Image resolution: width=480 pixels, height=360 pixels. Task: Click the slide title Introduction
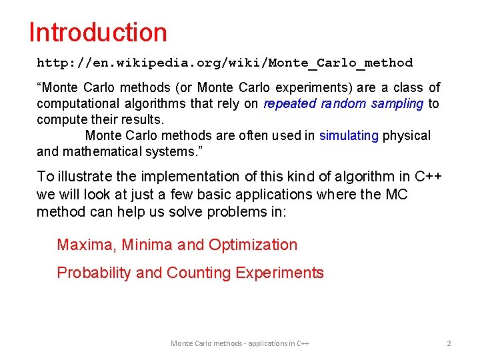point(98,32)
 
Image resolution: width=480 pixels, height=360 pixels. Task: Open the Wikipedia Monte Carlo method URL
point(225,63)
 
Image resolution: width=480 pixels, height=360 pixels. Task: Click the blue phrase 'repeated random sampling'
point(343,103)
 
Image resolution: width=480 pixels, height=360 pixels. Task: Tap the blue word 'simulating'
point(349,135)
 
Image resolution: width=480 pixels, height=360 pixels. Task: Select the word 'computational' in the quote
point(74,103)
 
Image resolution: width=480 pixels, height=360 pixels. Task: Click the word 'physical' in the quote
point(407,135)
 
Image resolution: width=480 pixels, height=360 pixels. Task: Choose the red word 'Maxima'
point(85,245)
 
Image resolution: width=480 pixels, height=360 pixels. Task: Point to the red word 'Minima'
point(147,245)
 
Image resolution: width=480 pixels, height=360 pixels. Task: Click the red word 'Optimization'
point(253,245)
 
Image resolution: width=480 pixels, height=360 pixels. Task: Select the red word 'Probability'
point(93,273)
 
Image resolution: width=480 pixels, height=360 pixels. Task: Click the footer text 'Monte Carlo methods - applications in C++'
point(240,343)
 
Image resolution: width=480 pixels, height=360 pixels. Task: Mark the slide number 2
point(449,343)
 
